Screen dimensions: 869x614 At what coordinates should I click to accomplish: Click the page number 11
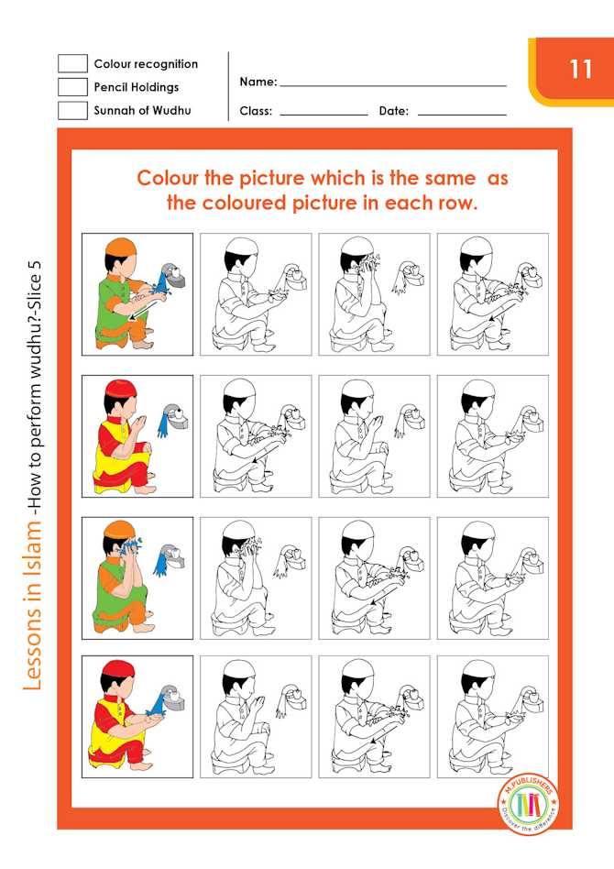(x=580, y=70)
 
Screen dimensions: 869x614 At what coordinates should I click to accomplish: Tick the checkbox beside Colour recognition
(x=72, y=63)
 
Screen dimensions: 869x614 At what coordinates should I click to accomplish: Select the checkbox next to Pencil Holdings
(x=72, y=87)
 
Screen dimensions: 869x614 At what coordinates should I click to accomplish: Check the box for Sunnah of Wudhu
(x=72, y=111)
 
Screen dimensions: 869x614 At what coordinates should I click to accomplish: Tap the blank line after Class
(x=323, y=114)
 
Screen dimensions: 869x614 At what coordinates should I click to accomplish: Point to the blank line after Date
(x=461, y=114)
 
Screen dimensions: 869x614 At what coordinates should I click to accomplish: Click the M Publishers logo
(x=528, y=802)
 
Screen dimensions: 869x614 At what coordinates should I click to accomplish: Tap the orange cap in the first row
(x=122, y=248)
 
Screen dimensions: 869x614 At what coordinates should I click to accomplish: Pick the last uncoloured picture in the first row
(x=492, y=292)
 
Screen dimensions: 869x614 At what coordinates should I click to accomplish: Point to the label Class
(x=256, y=111)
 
